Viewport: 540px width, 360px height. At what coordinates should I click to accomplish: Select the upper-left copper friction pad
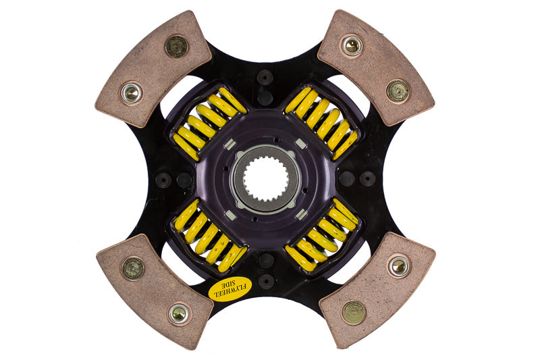(x=155, y=68)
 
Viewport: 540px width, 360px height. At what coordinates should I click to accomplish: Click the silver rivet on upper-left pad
(x=132, y=93)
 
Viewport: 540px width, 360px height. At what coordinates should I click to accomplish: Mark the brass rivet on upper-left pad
(x=176, y=46)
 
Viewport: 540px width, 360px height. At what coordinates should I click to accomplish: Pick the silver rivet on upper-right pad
(x=351, y=46)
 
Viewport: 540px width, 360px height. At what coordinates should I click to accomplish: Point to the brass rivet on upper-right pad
(x=398, y=90)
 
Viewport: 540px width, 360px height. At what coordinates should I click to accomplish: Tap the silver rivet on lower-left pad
(x=178, y=313)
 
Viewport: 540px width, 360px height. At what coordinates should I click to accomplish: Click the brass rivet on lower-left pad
(x=132, y=267)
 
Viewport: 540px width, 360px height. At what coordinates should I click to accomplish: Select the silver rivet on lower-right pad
(x=399, y=266)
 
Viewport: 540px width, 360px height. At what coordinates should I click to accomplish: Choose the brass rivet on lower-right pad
(x=354, y=312)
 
